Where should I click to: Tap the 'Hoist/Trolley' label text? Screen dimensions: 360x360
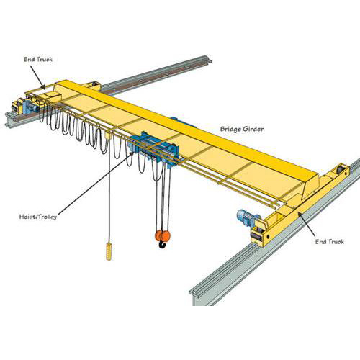(x=40, y=215)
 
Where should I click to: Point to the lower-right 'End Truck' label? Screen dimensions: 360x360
(x=330, y=243)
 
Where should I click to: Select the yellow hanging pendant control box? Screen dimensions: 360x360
(x=109, y=251)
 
